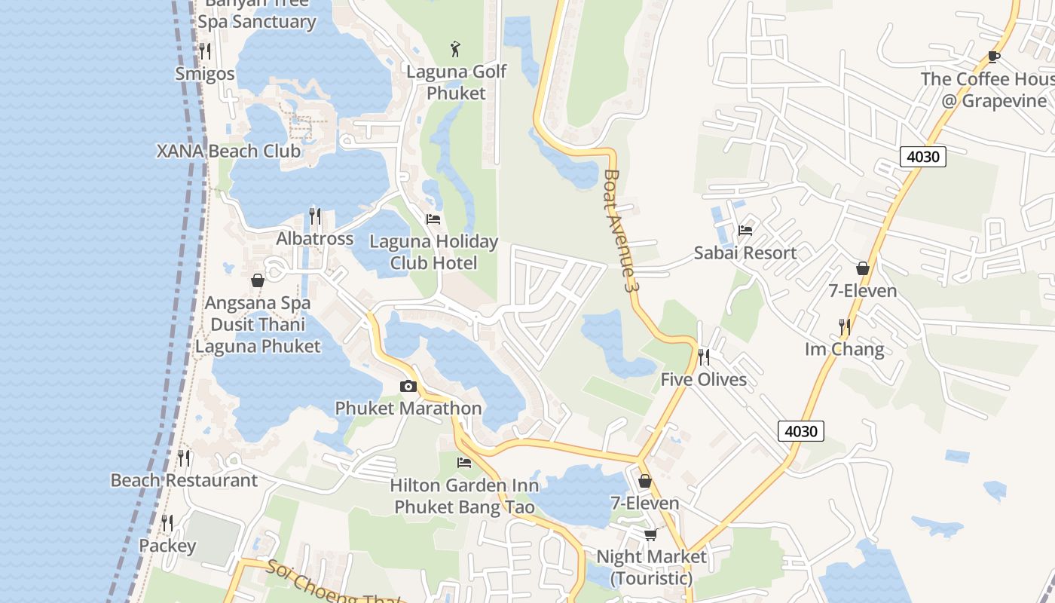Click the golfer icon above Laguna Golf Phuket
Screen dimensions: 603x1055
pyautogui.click(x=455, y=50)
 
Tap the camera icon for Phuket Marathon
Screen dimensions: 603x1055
pyautogui.click(x=408, y=387)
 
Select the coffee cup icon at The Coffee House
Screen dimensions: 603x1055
pyautogui.click(x=994, y=57)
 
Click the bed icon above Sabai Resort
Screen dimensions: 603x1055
pyautogui.click(x=745, y=230)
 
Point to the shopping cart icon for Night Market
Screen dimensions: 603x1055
pyautogui.click(x=650, y=534)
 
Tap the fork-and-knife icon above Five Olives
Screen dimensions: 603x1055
pyautogui.click(x=703, y=357)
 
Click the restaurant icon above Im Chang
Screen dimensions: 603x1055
pyautogui.click(x=845, y=327)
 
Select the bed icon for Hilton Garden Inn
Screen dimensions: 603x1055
pyautogui.click(x=464, y=462)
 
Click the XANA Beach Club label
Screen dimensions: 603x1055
pyautogui.click(x=228, y=151)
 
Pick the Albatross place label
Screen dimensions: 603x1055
pyautogui.click(x=314, y=239)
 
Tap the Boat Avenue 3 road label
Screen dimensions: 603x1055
pyautogui.click(x=618, y=231)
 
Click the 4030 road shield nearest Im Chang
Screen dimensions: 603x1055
pyautogui.click(x=800, y=431)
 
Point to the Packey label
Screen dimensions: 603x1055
pyautogui.click(x=167, y=546)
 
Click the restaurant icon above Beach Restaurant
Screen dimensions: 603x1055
pyautogui.click(x=184, y=458)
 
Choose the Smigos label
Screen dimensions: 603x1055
pyautogui.click(x=204, y=74)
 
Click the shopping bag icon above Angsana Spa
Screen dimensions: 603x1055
pyautogui.click(x=258, y=280)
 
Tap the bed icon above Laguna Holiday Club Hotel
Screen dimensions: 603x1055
pyautogui.click(x=433, y=219)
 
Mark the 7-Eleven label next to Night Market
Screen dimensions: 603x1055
pyautogui.click(x=644, y=503)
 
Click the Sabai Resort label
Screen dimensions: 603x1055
pyautogui.click(x=745, y=253)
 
